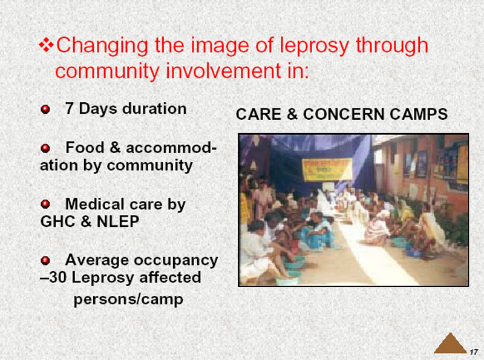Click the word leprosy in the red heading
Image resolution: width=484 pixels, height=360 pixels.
point(314,47)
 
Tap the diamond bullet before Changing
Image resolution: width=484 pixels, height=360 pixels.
point(46,45)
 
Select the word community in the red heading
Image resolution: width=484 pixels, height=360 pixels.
point(108,71)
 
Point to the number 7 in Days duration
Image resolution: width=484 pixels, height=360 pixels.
point(69,109)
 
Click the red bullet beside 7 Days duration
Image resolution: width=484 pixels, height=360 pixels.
point(45,110)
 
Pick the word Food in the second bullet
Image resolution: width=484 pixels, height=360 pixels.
point(85,147)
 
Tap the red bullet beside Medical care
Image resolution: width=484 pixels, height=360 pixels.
point(45,204)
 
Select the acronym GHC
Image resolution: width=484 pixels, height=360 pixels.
point(58,221)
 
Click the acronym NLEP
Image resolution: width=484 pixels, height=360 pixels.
point(118,221)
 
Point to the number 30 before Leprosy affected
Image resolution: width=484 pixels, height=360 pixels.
point(57,277)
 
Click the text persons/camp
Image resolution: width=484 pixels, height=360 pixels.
point(128,299)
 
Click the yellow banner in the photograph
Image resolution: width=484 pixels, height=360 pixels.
point(327,169)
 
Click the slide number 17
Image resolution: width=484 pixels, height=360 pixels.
point(474,352)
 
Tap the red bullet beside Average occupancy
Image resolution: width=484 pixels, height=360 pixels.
point(45,260)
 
